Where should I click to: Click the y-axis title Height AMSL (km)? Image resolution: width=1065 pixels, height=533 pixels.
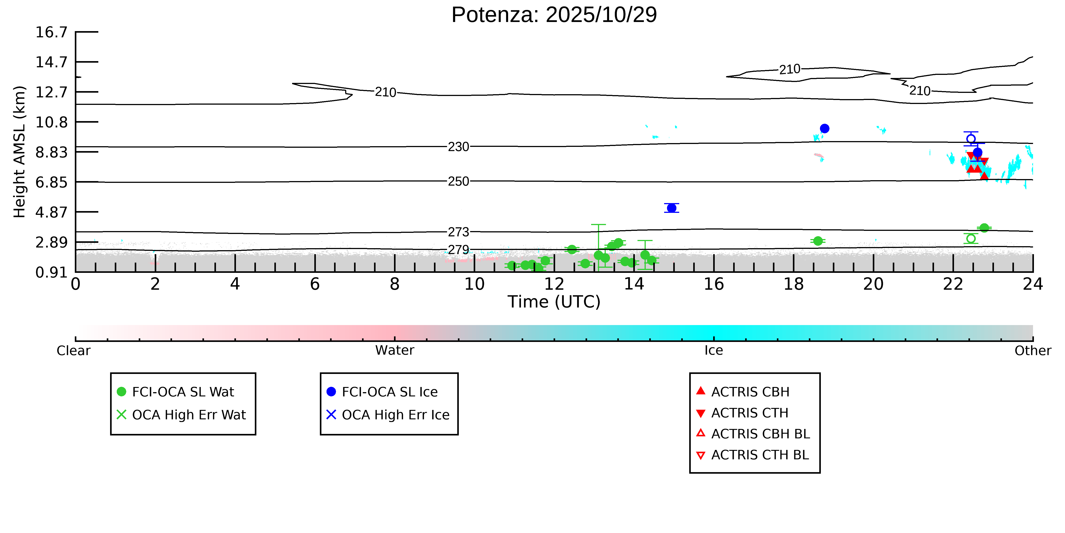coord(20,152)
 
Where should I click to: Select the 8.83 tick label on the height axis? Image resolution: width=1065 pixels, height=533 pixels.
coord(51,152)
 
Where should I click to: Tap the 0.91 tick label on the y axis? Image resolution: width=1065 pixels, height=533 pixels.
coord(51,272)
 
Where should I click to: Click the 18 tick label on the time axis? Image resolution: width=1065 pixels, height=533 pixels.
coord(793,284)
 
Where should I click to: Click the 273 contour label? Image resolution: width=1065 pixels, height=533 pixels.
coord(459,232)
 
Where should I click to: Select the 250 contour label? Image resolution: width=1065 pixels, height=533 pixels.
coord(459,181)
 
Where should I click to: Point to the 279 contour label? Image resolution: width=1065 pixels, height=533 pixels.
coord(459,250)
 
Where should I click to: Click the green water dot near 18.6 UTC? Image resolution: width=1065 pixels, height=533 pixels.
coord(818,241)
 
